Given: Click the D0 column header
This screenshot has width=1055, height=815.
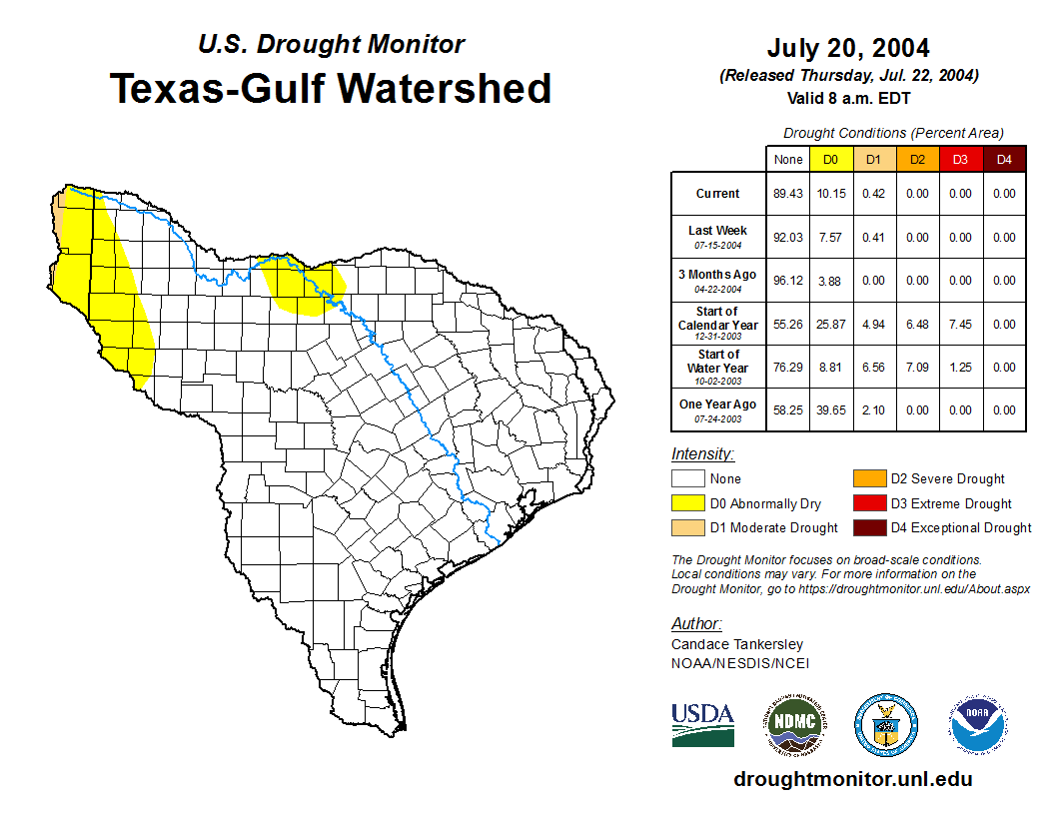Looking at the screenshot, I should point(830,159).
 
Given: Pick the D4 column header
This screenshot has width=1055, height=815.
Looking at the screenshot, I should point(1004,159).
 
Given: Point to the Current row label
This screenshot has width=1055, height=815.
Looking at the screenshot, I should point(718,194).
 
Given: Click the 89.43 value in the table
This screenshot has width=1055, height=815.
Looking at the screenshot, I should point(787,194).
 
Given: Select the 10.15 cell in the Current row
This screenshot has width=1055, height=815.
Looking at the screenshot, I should point(830,194).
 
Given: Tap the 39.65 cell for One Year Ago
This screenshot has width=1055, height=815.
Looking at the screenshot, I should point(830,409).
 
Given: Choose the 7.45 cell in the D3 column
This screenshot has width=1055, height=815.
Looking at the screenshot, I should point(960,324).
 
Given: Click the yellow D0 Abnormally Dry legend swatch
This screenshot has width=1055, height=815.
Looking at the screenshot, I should point(687,503).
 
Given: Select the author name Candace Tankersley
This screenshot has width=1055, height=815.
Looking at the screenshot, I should point(736,644).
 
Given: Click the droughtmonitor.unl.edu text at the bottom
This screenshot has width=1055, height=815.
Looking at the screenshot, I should point(852,779).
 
